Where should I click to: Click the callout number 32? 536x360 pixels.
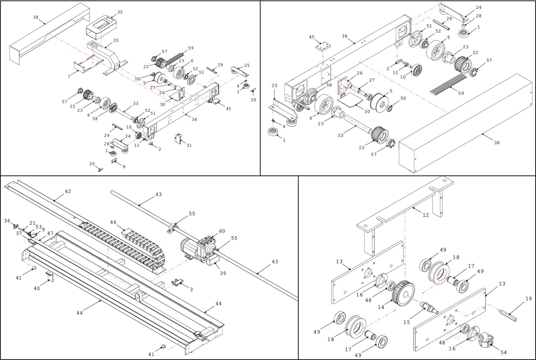pyautogui.click(x=120, y=12)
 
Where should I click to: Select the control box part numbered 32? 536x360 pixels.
pyautogui.click(x=101, y=27)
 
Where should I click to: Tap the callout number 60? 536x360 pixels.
pyautogui.click(x=222, y=231)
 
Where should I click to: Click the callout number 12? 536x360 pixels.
pyautogui.click(x=425, y=215)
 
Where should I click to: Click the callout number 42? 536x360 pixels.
pyautogui.click(x=68, y=191)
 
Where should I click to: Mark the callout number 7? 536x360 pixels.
pyautogui.click(x=69, y=77)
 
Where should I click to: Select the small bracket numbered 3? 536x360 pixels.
pyautogui.click(x=177, y=282)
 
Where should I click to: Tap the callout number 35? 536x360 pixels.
pyautogui.click(x=116, y=40)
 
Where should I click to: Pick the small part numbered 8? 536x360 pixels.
pyautogui.click(x=114, y=160)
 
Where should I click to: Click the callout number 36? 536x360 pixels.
pyautogui.click(x=7, y=221)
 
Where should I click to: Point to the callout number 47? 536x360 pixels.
pyautogui.click(x=50, y=233)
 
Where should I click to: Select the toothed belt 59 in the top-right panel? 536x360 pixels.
pyautogui.click(x=449, y=84)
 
